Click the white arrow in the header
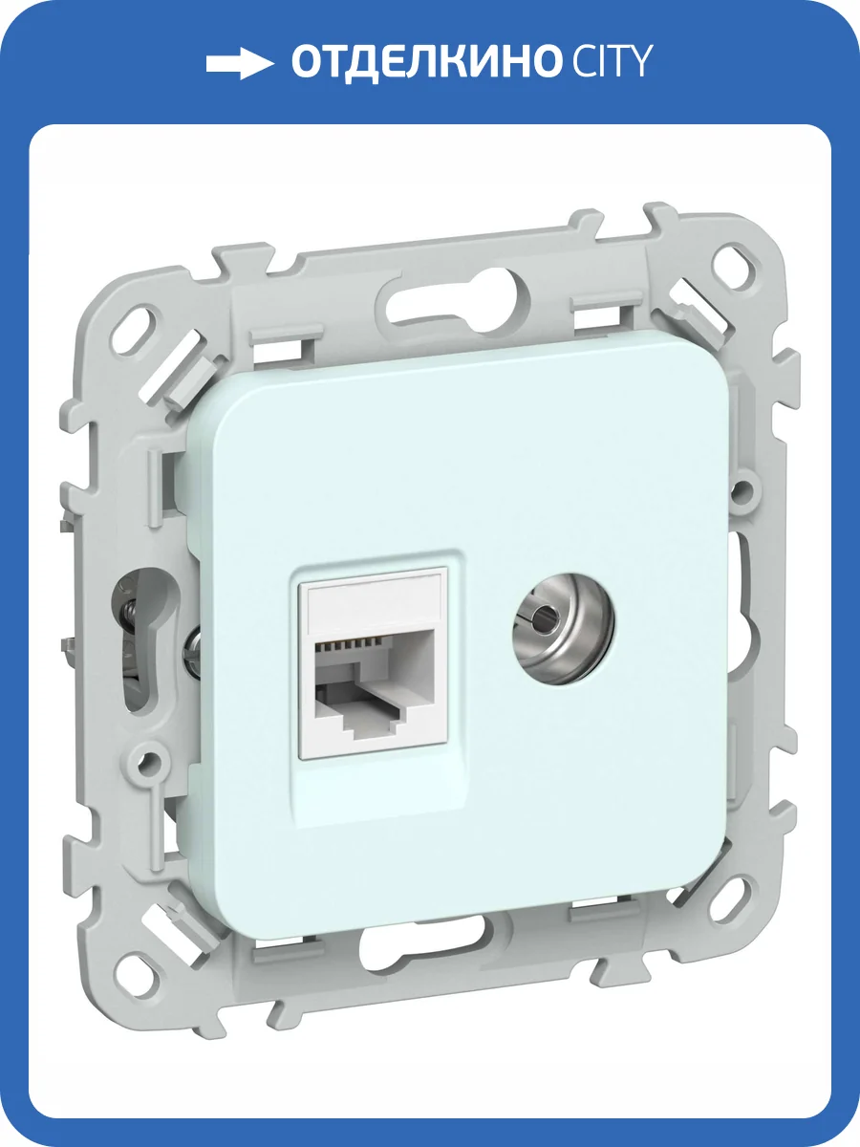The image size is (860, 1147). point(240,63)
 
